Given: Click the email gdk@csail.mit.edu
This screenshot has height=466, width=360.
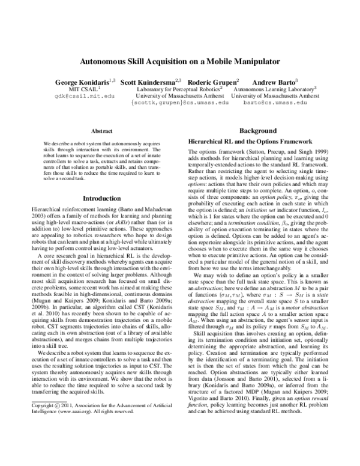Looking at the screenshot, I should click(76, 95).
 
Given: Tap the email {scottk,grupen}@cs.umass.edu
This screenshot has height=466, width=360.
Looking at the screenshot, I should click(179, 103).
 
